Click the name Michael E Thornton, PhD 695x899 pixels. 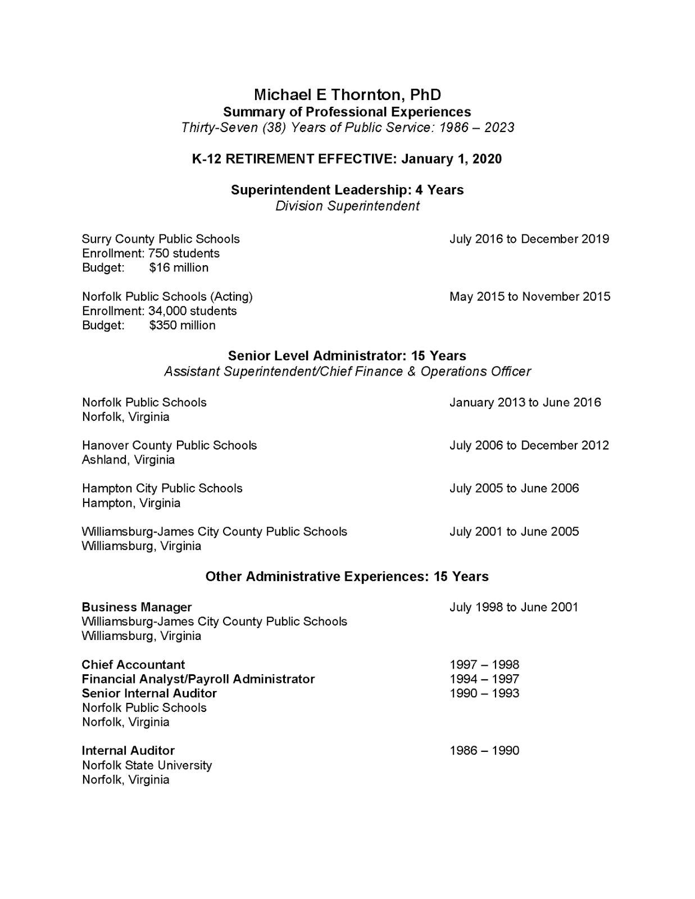point(347,94)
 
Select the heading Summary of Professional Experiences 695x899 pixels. point(347,112)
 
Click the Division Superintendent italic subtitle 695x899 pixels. point(347,206)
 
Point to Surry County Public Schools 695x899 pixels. point(161,239)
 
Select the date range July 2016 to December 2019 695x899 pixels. point(529,239)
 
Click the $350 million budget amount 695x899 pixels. point(182,325)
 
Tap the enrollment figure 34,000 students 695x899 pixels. point(192,311)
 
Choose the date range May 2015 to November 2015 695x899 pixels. point(529,297)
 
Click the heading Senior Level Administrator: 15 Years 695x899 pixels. point(347,356)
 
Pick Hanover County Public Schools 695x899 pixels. point(169,445)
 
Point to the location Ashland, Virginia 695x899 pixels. point(128,460)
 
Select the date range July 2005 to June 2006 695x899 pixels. point(514,488)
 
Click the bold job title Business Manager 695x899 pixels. point(137,607)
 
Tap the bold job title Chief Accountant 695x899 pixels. point(133,665)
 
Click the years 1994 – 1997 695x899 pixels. point(484,679)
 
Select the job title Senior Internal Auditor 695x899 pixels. point(149,693)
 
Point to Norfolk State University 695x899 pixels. point(147,765)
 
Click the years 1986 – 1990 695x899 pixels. point(484,751)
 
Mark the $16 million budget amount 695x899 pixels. point(179,267)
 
